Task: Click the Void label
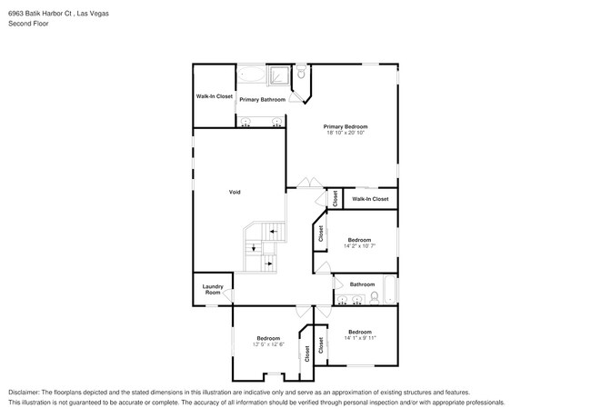(235, 192)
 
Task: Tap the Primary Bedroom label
(346, 126)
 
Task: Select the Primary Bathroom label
(263, 100)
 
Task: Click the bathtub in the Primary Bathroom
(251, 75)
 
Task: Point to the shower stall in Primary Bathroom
(279, 75)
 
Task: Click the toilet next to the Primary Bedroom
(301, 72)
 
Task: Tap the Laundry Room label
(213, 290)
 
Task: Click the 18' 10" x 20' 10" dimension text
(346, 133)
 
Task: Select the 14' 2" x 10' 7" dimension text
(359, 246)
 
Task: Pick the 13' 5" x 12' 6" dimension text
(268, 344)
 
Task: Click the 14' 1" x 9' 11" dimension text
(360, 338)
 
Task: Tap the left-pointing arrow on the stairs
(274, 231)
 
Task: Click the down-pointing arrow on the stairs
(254, 248)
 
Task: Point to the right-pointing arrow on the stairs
(269, 264)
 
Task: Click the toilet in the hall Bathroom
(375, 298)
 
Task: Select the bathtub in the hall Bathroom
(390, 290)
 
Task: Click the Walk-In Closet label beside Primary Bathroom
(214, 96)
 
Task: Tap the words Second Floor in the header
(28, 24)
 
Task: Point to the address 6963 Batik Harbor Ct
(40, 14)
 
